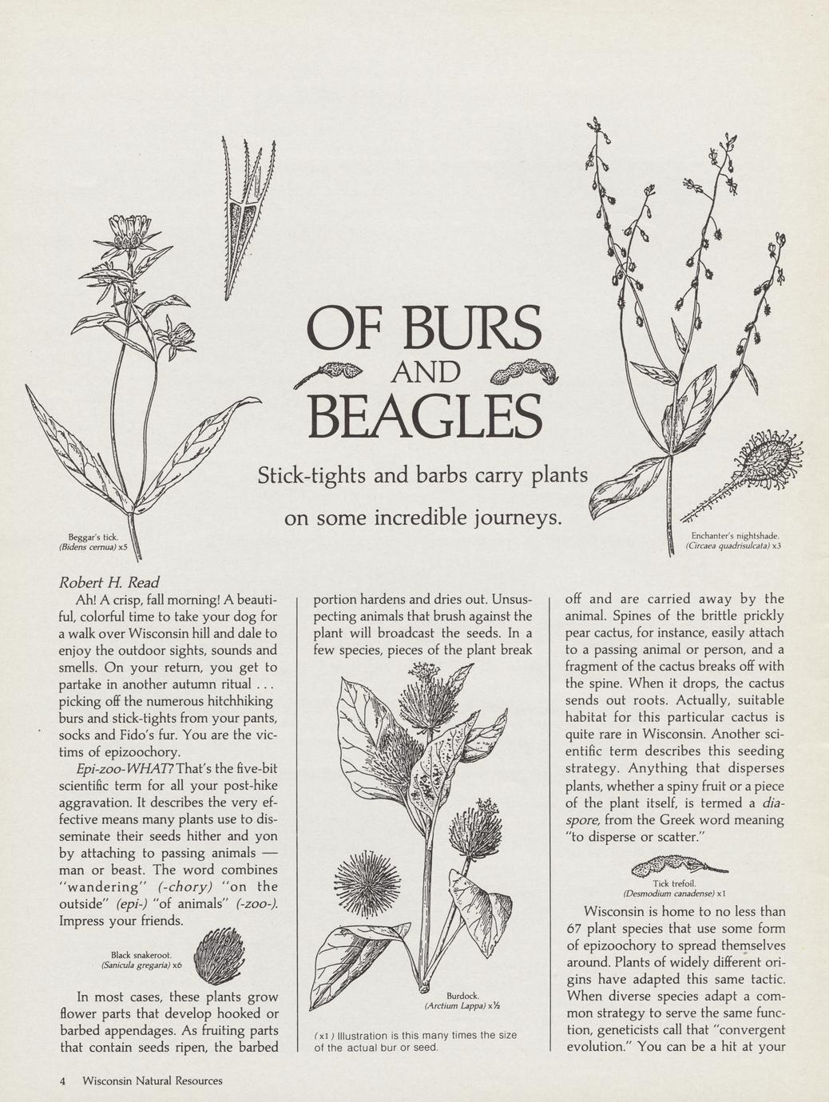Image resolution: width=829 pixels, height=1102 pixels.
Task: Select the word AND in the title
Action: pyautogui.click(x=424, y=372)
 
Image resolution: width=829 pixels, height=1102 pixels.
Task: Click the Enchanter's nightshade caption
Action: pyautogui.click(x=733, y=541)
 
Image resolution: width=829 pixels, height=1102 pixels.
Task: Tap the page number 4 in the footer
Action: pyautogui.click(x=62, y=1080)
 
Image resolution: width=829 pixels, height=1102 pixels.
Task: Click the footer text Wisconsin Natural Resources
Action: pyautogui.click(x=153, y=1080)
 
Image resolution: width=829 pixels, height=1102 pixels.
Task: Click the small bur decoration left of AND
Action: pyautogui.click(x=329, y=371)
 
